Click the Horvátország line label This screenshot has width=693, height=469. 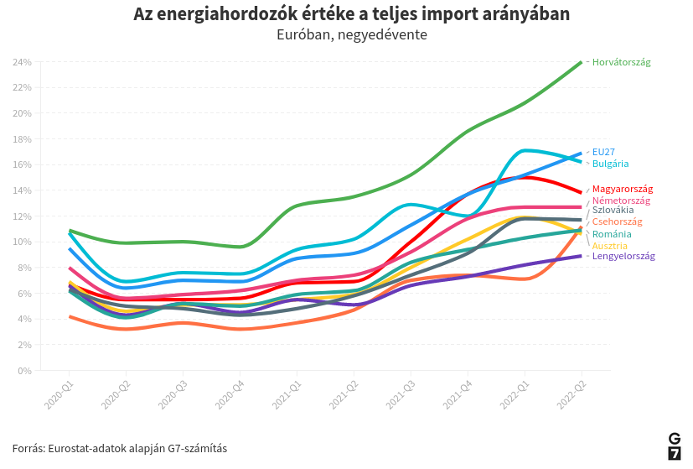coord(621,62)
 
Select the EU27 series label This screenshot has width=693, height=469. coord(603,153)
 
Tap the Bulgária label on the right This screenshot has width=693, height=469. coord(610,164)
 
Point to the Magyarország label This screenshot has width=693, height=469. coord(622,190)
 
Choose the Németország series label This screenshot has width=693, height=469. coord(621,201)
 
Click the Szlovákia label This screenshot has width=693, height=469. coord(613,210)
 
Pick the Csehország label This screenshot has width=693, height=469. coord(617,221)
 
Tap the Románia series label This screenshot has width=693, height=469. coord(612,234)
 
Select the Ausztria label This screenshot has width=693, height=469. coord(609,246)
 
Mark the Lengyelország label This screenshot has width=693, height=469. coord(623,256)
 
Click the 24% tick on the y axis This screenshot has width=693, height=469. coord(23,62)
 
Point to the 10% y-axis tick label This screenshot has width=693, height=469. coord(23,242)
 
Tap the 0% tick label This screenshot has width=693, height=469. coord(25,370)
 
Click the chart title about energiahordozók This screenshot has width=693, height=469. coord(351,14)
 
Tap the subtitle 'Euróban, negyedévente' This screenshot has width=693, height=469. coord(351,35)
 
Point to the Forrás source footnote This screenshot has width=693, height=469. coord(119,448)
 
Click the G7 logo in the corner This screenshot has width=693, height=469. coord(674,446)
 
